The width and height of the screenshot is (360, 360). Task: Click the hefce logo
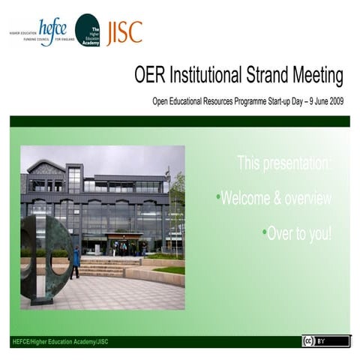[52, 31]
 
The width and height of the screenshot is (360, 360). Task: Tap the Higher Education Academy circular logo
[88, 31]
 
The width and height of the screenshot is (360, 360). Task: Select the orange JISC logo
[124, 32]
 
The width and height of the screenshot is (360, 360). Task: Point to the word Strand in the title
[271, 75]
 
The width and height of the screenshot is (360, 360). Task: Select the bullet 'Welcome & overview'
[274, 198]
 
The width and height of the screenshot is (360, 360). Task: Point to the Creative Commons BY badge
[325, 341]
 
